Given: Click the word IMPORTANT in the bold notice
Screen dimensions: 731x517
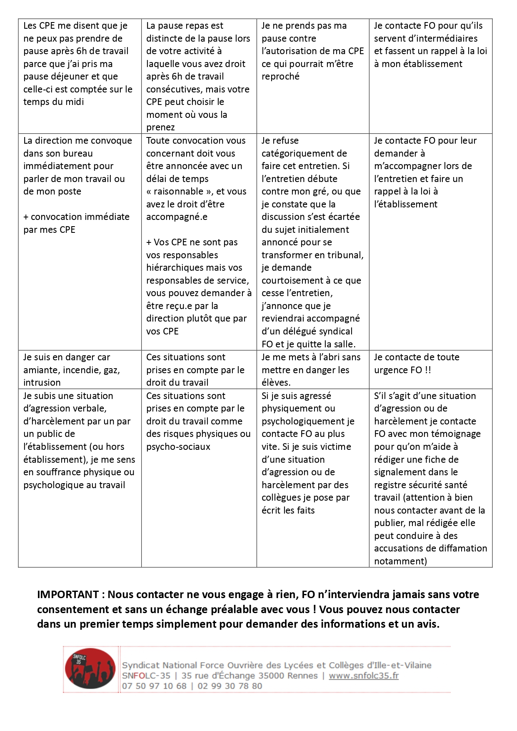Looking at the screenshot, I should (x=68, y=594).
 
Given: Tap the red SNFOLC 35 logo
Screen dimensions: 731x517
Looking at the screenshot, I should (x=90, y=668).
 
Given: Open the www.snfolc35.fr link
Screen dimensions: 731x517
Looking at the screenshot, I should (x=364, y=676).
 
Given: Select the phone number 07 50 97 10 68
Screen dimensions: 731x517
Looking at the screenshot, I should (x=154, y=686).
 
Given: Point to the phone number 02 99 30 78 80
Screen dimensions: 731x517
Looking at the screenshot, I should (x=230, y=686).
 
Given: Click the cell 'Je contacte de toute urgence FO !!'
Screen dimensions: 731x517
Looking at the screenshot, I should (x=417, y=363).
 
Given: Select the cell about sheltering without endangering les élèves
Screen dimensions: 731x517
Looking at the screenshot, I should (x=311, y=369).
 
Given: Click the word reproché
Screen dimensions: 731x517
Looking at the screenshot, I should (x=280, y=76).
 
